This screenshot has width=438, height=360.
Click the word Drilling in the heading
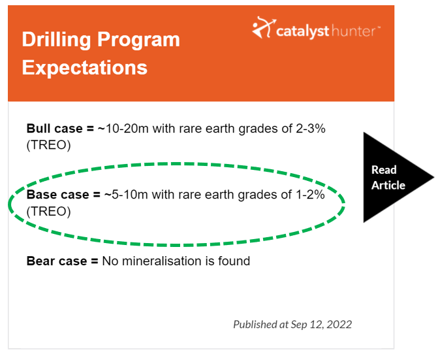tap(56, 40)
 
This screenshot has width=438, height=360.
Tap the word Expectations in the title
tap(85, 68)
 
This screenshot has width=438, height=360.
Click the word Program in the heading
tap(138, 41)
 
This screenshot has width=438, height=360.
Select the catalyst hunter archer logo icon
tap(264, 27)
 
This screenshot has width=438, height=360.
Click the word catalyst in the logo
tap(302, 31)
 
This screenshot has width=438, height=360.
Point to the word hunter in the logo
tap(354, 31)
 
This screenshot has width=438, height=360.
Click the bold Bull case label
tap(60, 129)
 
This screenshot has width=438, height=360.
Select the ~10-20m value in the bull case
tap(123, 129)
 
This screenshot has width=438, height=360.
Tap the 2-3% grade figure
tap(310, 129)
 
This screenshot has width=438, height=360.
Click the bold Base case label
tap(63, 195)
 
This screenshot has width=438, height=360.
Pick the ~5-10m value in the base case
tap(126, 195)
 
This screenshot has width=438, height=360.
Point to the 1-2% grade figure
tap(309, 195)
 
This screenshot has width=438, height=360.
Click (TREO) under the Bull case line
tap(48, 145)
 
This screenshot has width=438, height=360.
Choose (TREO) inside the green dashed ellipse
tap(48, 211)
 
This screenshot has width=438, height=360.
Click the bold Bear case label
tap(62, 261)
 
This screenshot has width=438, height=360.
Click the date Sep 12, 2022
tap(321, 325)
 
